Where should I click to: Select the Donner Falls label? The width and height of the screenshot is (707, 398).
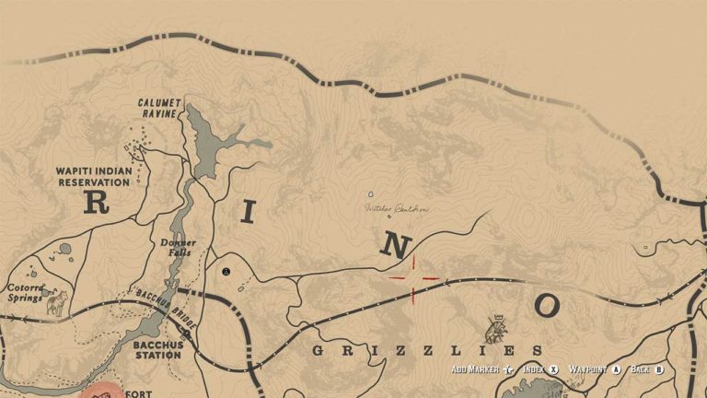[177, 248]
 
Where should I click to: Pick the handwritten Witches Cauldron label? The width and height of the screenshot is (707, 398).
[397, 209]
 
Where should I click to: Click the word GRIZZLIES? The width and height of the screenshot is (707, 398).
[427, 350]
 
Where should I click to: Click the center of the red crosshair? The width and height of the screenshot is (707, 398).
[413, 278]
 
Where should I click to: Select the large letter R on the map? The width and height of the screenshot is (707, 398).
[96, 202]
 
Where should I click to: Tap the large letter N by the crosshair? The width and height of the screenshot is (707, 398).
[395, 246]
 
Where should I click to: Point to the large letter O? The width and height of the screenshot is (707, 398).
[546, 306]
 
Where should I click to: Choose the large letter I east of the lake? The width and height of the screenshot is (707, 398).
[246, 211]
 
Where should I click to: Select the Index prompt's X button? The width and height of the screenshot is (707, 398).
[554, 369]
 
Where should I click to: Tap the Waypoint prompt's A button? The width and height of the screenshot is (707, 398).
[616, 369]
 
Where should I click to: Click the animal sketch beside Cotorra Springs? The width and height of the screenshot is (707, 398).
[57, 302]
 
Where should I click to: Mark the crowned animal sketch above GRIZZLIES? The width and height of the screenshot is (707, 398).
[495, 328]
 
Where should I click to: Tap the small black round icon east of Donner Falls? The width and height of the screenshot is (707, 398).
[226, 272]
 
